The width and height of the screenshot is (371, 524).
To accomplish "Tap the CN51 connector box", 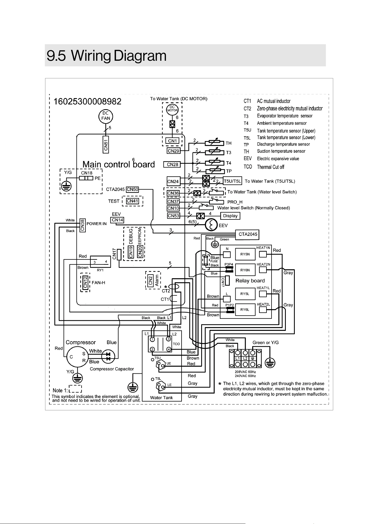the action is tap(106, 144).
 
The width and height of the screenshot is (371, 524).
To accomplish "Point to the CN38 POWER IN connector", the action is tap(82, 225).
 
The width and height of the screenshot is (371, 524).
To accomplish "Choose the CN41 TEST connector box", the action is tap(133, 201).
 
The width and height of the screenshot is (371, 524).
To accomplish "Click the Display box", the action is tap(230, 216).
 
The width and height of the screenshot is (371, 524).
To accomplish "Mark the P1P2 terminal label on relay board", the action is tap(229, 305).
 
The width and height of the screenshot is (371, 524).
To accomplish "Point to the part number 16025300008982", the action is tap(87, 101).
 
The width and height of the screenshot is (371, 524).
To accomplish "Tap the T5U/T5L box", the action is tap(232, 181).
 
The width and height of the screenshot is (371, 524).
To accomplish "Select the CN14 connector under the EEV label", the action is tap(117, 220).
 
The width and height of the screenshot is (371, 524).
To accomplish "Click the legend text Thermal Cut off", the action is tap(271, 167).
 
